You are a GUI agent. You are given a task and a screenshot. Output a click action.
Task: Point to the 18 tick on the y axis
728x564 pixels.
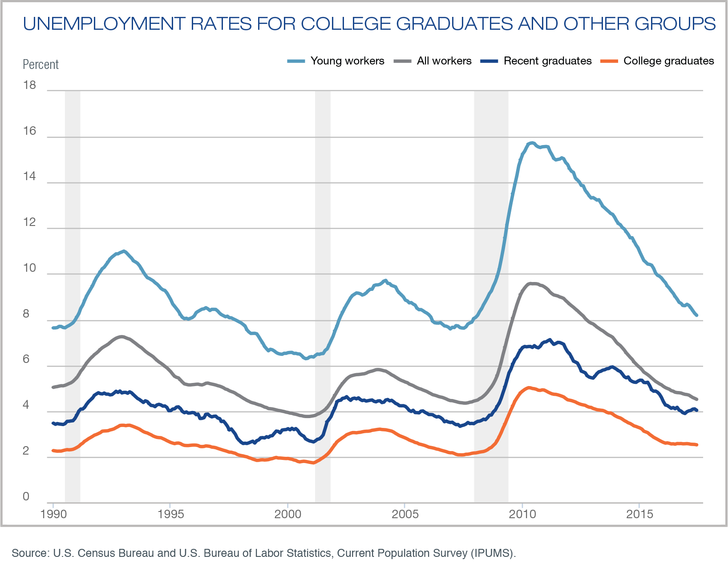[29, 85]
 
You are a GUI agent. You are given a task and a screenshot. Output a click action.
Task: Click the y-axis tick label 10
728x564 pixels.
[29, 268]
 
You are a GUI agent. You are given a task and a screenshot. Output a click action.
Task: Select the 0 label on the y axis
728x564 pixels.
[26, 496]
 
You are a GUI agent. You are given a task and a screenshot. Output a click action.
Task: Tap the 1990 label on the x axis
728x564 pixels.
[53, 515]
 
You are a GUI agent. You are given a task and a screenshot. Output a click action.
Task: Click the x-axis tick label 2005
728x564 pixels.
[405, 515]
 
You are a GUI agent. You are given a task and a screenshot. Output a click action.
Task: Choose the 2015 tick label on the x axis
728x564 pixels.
[639, 515]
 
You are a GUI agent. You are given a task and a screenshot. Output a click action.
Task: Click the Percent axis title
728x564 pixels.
[40, 64]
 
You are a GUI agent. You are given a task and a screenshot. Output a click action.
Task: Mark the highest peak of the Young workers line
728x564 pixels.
[532, 143]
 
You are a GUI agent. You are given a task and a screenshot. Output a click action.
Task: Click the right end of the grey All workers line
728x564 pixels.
[696, 399]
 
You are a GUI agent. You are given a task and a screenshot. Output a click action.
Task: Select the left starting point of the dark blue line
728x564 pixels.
[53, 423]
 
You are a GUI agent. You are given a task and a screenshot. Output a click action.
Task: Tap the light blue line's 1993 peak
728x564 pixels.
[124, 251]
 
